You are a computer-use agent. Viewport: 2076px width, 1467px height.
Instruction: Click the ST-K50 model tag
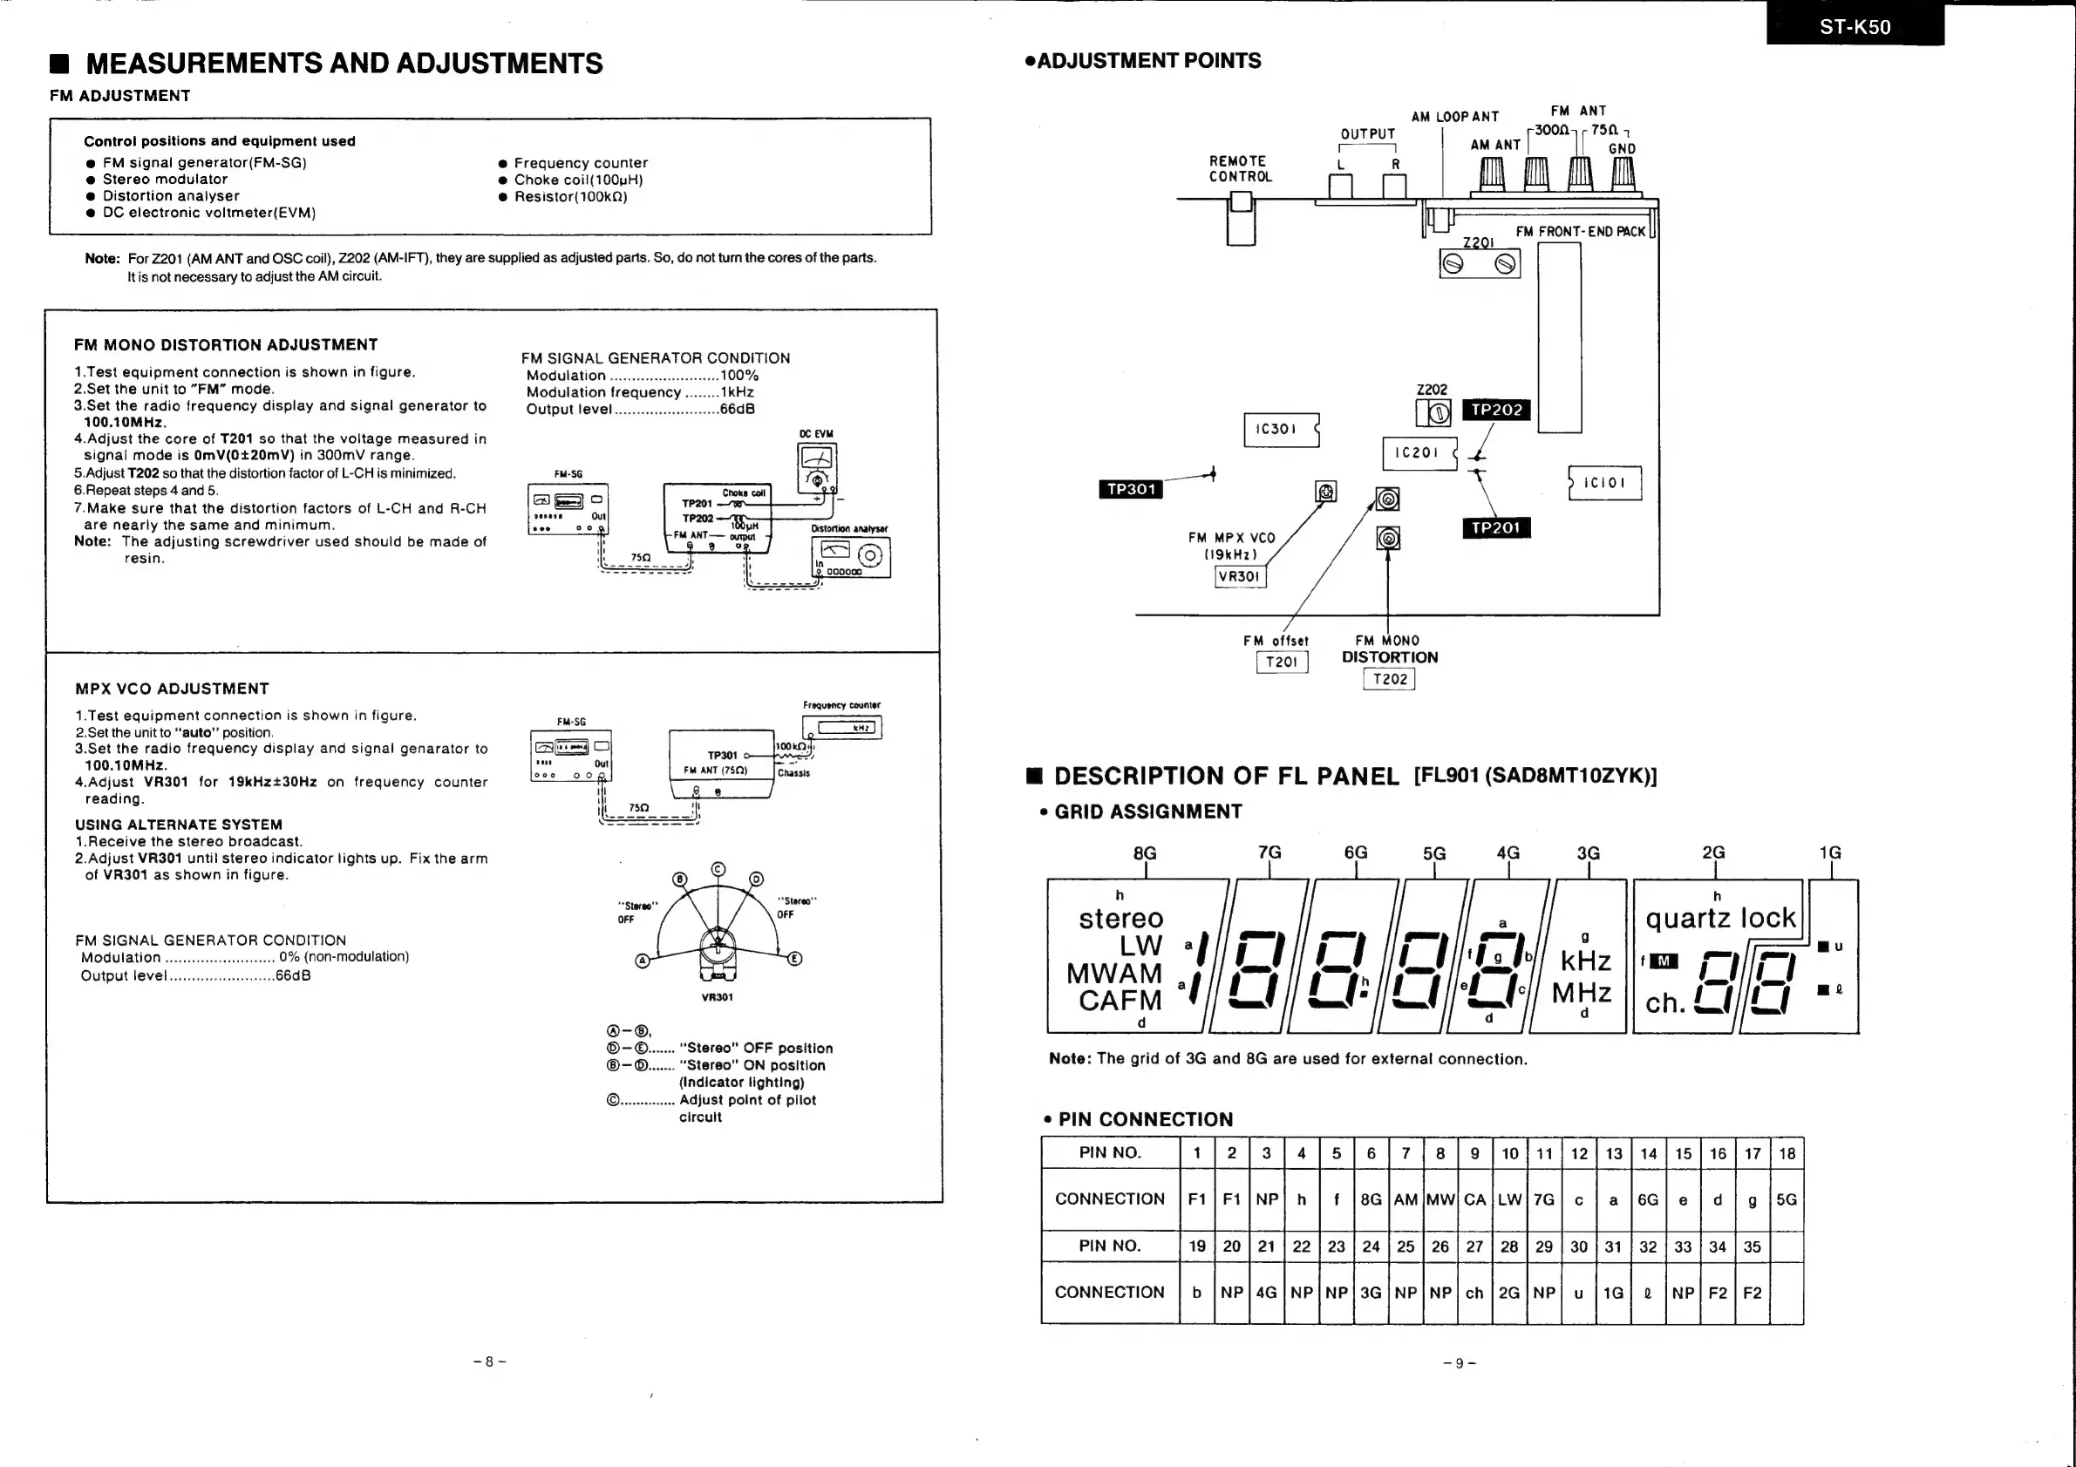click(x=1855, y=26)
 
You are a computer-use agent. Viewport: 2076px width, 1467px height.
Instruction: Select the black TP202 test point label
click(x=1496, y=410)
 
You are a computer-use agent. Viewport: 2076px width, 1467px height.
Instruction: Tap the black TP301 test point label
click(x=1131, y=489)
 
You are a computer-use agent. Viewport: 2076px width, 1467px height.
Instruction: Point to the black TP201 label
click(x=1495, y=527)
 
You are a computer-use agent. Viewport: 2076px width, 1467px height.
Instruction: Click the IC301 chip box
click(x=1277, y=430)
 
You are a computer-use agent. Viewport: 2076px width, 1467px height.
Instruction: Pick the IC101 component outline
click(x=1606, y=483)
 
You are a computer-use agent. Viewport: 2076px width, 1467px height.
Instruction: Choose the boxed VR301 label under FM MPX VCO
click(x=1239, y=576)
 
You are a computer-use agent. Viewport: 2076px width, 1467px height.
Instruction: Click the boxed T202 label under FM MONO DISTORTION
click(x=1389, y=679)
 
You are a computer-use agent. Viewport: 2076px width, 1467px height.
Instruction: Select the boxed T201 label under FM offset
click(x=1281, y=662)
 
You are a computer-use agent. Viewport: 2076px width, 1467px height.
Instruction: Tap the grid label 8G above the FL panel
click(x=1145, y=852)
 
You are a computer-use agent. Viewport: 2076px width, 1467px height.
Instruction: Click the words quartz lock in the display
click(x=1719, y=919)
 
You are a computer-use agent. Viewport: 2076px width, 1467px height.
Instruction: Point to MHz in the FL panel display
click(x=1582, y=993)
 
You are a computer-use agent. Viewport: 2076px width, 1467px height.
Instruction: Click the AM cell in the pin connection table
click(x=1406, y=1199)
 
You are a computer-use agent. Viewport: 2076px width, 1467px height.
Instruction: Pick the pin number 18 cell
click(x=1787, y=1152)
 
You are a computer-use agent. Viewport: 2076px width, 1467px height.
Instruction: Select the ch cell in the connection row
click(x=1474, y=1293)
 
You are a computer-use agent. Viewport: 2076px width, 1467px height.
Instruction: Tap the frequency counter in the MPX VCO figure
click(x=841, y=727)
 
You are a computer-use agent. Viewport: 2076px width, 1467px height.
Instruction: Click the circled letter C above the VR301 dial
click(x=718, y=870)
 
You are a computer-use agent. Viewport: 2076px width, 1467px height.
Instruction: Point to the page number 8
click(x=489, y=1362)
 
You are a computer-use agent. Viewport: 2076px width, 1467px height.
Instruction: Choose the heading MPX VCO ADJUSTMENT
click(x=172, y=689)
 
